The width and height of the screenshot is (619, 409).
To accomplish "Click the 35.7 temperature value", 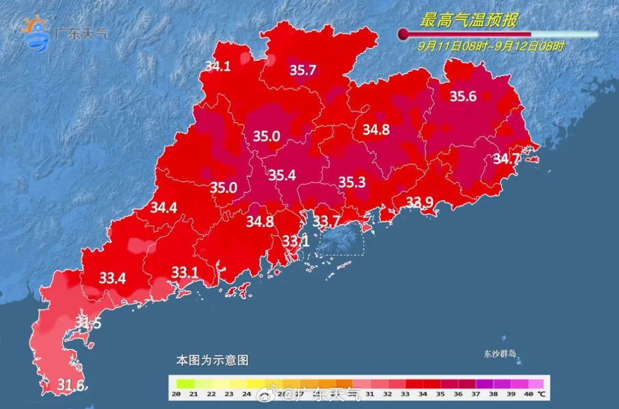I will [x=303, y=71].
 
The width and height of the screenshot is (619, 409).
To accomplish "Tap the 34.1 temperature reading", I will [x=218, y=67].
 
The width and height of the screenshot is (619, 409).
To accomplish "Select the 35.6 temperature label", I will [x=463, y=96].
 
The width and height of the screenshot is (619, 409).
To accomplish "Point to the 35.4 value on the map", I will [x=282, y=176].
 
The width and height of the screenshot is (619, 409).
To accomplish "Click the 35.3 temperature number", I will [x=352, y=182].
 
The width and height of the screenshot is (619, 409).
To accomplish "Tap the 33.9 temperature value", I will [x=420, y=201].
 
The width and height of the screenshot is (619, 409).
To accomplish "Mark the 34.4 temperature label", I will [x=163, y=208].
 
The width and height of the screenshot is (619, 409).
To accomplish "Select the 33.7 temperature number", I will [x=326, y=221].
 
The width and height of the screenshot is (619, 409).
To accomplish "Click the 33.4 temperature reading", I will [x=112, y=279].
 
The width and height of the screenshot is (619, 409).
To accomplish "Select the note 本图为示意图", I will [x=212, y=361].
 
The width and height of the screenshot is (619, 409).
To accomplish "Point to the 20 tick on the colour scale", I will [x=177, y=394].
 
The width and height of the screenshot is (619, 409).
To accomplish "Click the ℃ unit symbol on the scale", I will [x=541, y=394].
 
